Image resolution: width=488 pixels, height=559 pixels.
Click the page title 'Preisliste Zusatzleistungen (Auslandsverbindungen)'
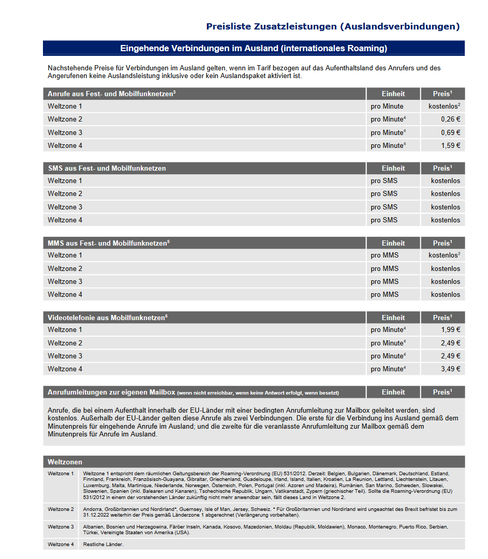(333, 26)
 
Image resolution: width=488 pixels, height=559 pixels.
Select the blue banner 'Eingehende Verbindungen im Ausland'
(254, 49)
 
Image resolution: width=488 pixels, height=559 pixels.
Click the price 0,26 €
(450, 119)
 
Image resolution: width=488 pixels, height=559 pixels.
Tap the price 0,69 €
(450, 133)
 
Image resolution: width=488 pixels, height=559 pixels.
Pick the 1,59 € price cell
(450, 146)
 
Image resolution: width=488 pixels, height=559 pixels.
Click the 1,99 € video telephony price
(450, 330)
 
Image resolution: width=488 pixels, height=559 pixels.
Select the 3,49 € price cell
(450, 369)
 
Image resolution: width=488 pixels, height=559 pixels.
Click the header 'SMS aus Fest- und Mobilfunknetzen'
(107, 169)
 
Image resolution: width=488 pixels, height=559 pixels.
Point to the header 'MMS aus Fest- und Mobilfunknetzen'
(108, 243)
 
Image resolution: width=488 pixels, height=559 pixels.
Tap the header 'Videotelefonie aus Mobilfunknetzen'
(107, 318)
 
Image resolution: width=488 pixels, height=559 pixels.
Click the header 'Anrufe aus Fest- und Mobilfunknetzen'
(111, 94)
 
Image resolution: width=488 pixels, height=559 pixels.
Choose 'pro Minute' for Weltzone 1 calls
(387, 107)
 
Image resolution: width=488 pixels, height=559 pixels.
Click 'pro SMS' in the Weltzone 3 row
(384, 207)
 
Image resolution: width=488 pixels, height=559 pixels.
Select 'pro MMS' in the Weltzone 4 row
(385, 295)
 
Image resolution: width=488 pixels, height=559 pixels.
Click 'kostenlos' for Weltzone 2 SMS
(445, 194)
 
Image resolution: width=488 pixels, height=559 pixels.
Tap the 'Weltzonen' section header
(65, 462)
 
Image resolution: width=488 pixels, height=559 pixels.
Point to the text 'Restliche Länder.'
(103, 545)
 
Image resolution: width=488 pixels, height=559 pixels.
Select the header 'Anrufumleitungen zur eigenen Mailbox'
(111, 392)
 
